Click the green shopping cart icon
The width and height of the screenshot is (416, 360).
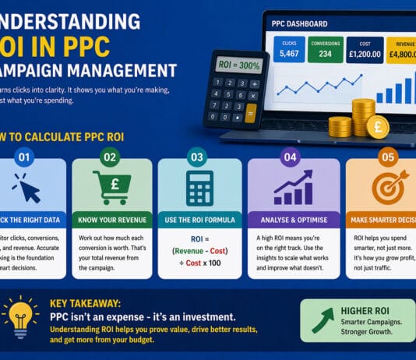point(110,188)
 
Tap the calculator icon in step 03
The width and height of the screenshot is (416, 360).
point(199,188)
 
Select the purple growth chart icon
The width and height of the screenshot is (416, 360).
point(294,188)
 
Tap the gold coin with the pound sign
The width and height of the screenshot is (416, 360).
point(378,125)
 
